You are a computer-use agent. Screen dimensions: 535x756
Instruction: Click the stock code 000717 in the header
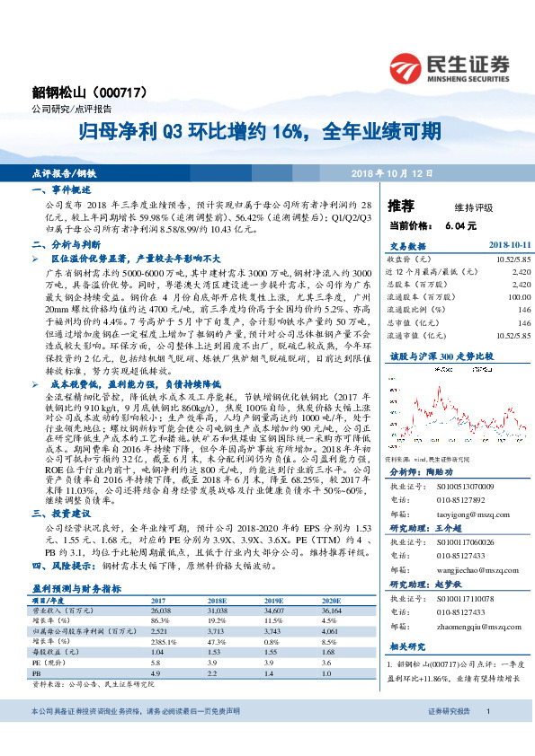click(x=128, y=92)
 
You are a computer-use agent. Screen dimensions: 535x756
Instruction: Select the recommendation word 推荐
click(x=401, y=204)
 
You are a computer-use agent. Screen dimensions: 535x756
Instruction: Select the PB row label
click(x=36, y=672)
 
